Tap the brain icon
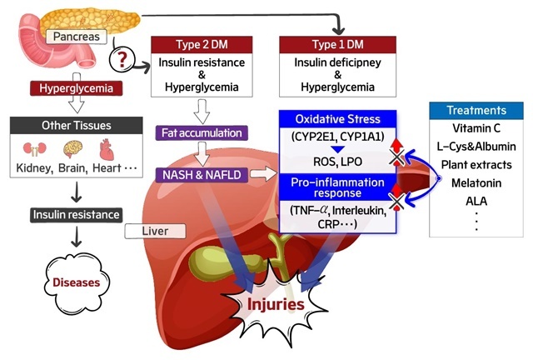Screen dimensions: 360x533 pyautogui.click(x=72, y=150)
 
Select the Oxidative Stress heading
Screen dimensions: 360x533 pyautogui.click(x=337, y=119)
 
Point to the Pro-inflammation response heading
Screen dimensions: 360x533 pyautogui.click(x=337, y=187)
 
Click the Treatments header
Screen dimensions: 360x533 pyautogui.click(x=476, y=110)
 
